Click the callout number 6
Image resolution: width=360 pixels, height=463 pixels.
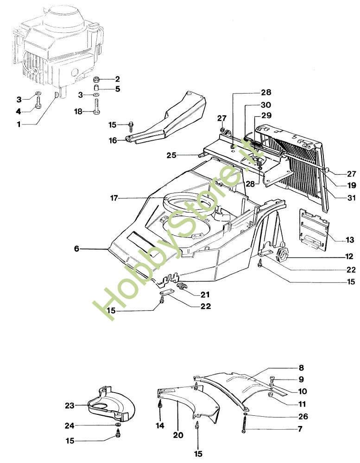coord(76,249)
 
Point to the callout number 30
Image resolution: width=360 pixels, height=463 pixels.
coord(253,105)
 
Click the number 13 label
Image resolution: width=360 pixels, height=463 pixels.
coord(350,240)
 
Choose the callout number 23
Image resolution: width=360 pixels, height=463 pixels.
coord(69,406)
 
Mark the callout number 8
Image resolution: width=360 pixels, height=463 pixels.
coord(301,368)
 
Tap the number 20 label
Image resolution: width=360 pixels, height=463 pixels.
coord(178,435)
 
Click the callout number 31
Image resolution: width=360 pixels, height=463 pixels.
coord(350,198)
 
